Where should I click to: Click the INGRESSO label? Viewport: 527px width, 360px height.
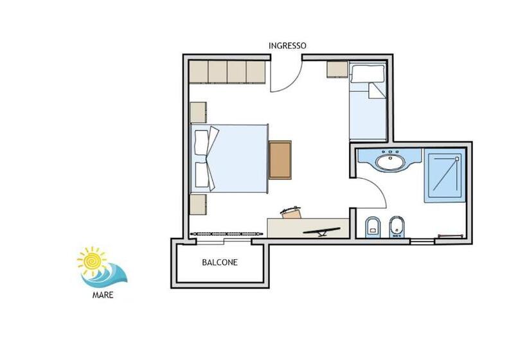coord(287,46)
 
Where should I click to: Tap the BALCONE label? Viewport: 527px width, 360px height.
coord(220,262)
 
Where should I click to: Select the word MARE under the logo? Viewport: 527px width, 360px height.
coord(103,296)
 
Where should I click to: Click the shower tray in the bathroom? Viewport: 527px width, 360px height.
coord(444,175)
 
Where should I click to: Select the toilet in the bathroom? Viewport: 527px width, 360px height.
coord(372,226)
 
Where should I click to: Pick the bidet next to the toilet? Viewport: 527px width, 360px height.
coord(397,226)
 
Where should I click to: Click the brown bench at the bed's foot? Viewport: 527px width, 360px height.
coord(280,159)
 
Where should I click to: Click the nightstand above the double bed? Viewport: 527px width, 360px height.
coord(198,112)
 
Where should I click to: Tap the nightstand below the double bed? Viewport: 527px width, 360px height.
coord(198,205)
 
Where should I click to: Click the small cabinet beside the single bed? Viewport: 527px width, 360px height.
coord(337,69)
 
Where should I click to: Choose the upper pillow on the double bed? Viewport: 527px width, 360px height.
coord(202,142)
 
